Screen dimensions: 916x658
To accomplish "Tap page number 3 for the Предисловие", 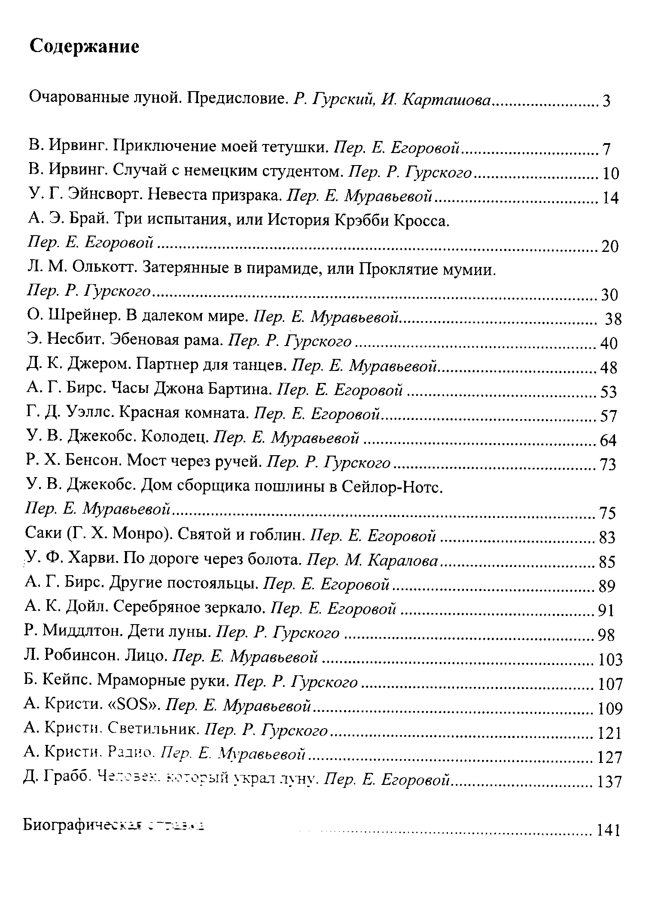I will coord(606,101).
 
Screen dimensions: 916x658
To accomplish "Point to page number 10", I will coord(610,174).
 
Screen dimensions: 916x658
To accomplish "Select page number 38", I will coord(613,319).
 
